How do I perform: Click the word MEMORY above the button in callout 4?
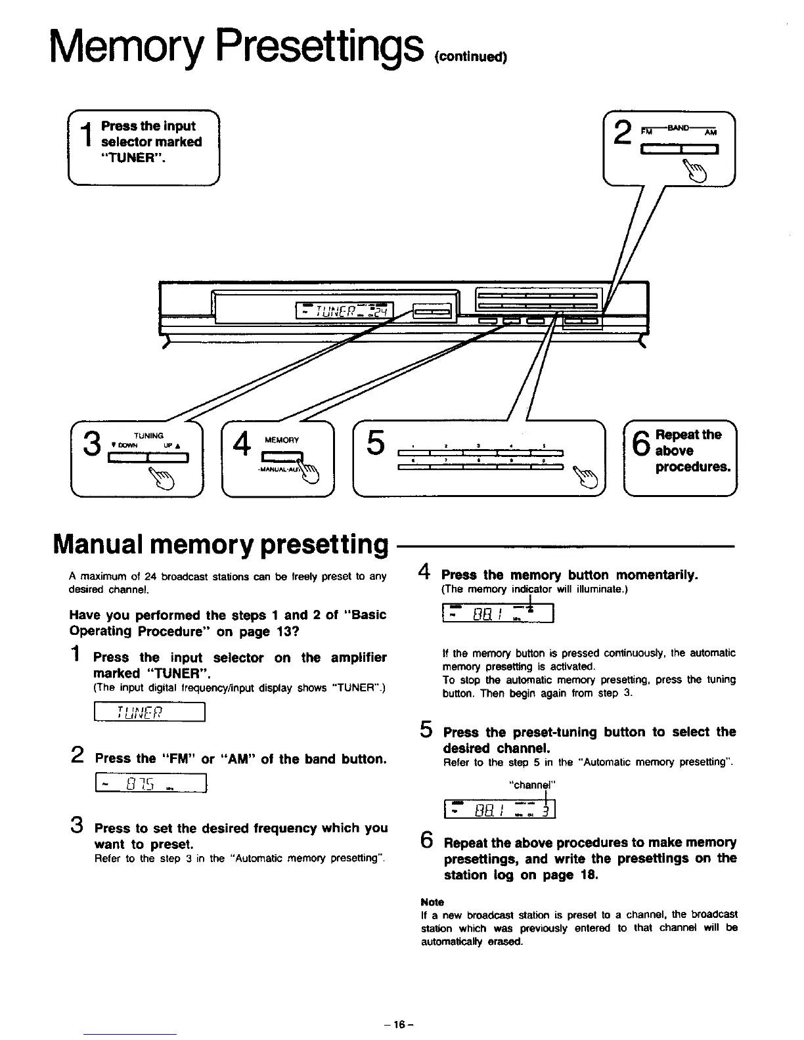click(x=281, y=440)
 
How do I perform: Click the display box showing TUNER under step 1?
click(x=150, y=712)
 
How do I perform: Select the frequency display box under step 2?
click(x=151, y=784)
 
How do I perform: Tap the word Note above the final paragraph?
click(x=432, y=902)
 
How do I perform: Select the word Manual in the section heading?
click(x=108, y=544)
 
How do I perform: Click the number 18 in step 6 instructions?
click(x=586, y=875)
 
